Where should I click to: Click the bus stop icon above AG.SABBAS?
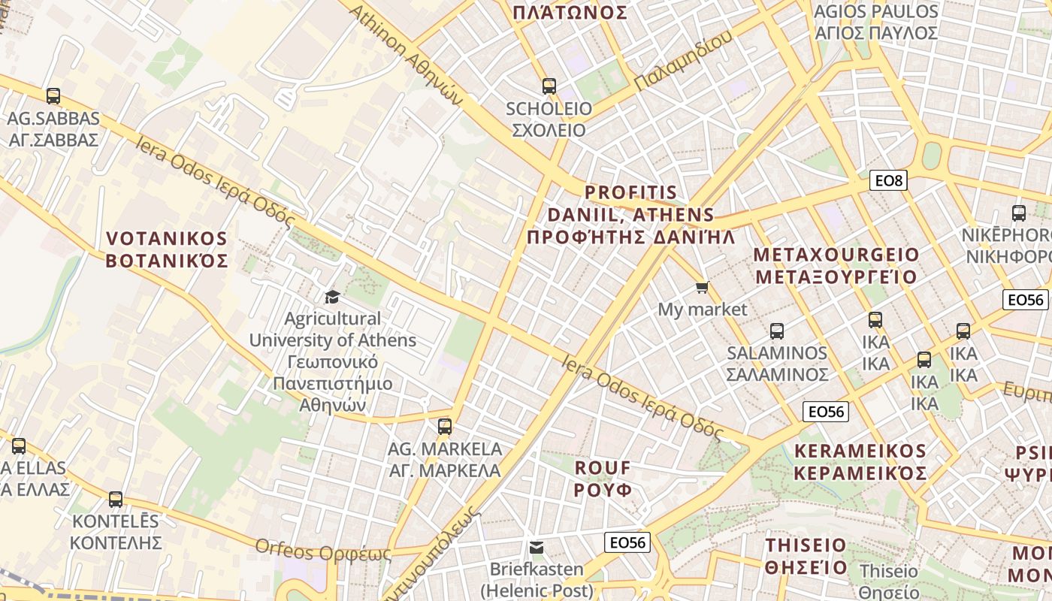(53, 96)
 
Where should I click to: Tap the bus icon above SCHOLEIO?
(549, 86)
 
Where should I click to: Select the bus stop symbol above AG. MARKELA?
(445, 427)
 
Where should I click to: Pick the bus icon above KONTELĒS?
(116, 500)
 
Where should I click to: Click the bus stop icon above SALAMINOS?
(777, 331)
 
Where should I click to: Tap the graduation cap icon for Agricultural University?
(332, 297)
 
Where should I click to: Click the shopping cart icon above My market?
(703, 287)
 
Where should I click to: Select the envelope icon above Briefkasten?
(537, 547)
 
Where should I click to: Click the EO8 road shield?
(889, 180)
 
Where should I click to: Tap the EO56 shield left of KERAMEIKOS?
(826, 412)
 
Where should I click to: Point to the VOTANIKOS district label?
(167, 249)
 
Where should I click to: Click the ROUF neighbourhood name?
(603, 479)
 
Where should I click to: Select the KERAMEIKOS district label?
(860, 462)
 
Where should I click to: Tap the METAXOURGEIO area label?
(836, 265)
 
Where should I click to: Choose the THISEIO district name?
(806, 556)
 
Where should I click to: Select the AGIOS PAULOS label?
(876, 23)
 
